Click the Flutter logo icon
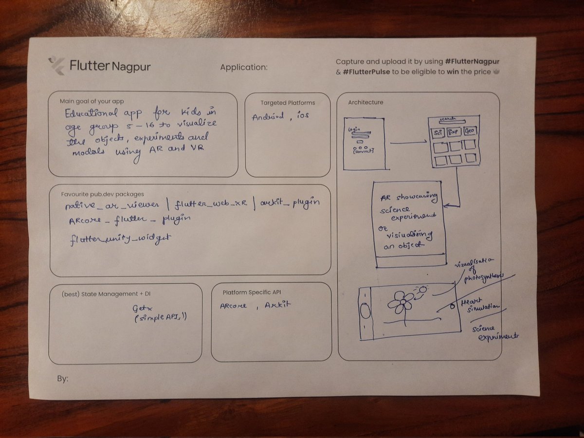(57, 65)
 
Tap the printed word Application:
(243, 68)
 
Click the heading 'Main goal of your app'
(91, 101)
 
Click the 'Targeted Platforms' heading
(287, 103)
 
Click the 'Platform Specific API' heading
(252, 292)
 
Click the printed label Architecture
(365, 102)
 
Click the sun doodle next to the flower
(421, 291)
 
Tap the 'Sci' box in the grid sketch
(437, 132)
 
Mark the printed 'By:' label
(62, 378)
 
